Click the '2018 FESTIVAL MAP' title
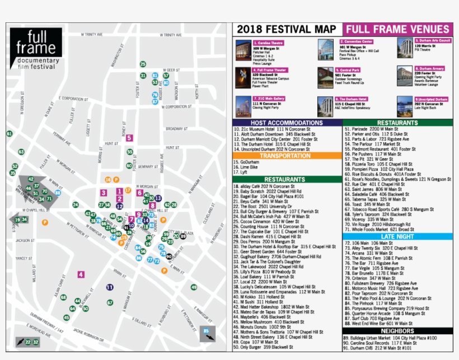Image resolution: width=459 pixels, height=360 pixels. (287, 30)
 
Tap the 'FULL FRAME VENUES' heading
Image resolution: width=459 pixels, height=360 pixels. (397, 30)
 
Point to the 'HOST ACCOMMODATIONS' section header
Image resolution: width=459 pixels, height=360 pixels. (287, 123)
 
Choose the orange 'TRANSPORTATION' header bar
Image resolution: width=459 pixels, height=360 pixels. (287, 156)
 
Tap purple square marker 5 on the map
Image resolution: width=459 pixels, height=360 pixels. (129, 138)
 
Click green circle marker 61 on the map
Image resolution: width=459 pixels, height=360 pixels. (10, 134)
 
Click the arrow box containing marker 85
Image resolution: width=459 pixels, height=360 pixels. (208, 334)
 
